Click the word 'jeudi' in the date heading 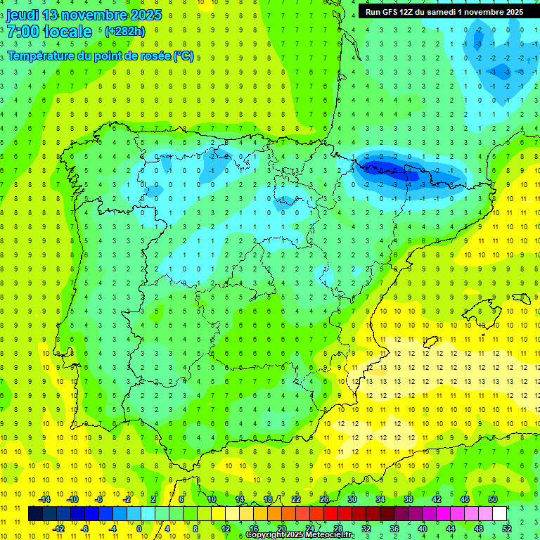[21, 15]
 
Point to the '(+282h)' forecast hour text [124, 32]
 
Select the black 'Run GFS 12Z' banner [444, 12]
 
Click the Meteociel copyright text [300, 535]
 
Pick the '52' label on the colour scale [506, 528]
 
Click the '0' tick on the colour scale [139, 528]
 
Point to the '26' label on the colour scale [324, 499]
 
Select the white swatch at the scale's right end [499, 514]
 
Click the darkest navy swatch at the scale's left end [35, 514]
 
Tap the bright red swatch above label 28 [330, 514]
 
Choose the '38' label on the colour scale [409, 499]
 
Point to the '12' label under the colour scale [225, 528]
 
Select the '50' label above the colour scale [493, 499]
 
